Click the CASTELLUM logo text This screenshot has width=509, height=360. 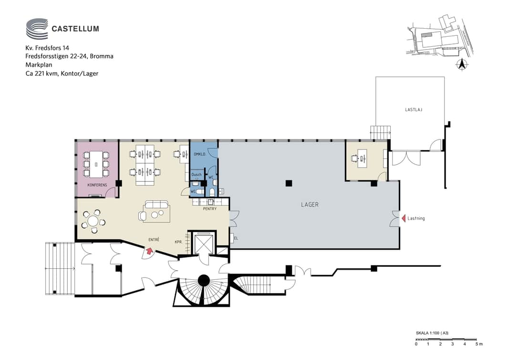tap(75, 29)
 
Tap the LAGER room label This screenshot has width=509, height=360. tap(310, 205)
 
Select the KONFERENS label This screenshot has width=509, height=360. tap(97, 185)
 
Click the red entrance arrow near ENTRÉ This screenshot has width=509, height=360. tap(150, 250)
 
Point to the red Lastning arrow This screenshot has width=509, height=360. tap(404, 218)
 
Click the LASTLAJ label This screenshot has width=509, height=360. tap(414, 110)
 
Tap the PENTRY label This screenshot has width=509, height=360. tap(210, 209)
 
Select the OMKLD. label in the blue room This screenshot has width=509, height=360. tap(199, 154)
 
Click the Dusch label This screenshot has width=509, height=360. tap(197, 174)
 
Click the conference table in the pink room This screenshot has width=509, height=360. tap(96, 164)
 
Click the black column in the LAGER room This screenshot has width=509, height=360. tap(289, 183)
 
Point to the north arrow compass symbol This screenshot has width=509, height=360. tap(461, 64)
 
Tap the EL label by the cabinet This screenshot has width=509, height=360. tap(236, 238)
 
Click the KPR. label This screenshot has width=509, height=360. tap(178, 242)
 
